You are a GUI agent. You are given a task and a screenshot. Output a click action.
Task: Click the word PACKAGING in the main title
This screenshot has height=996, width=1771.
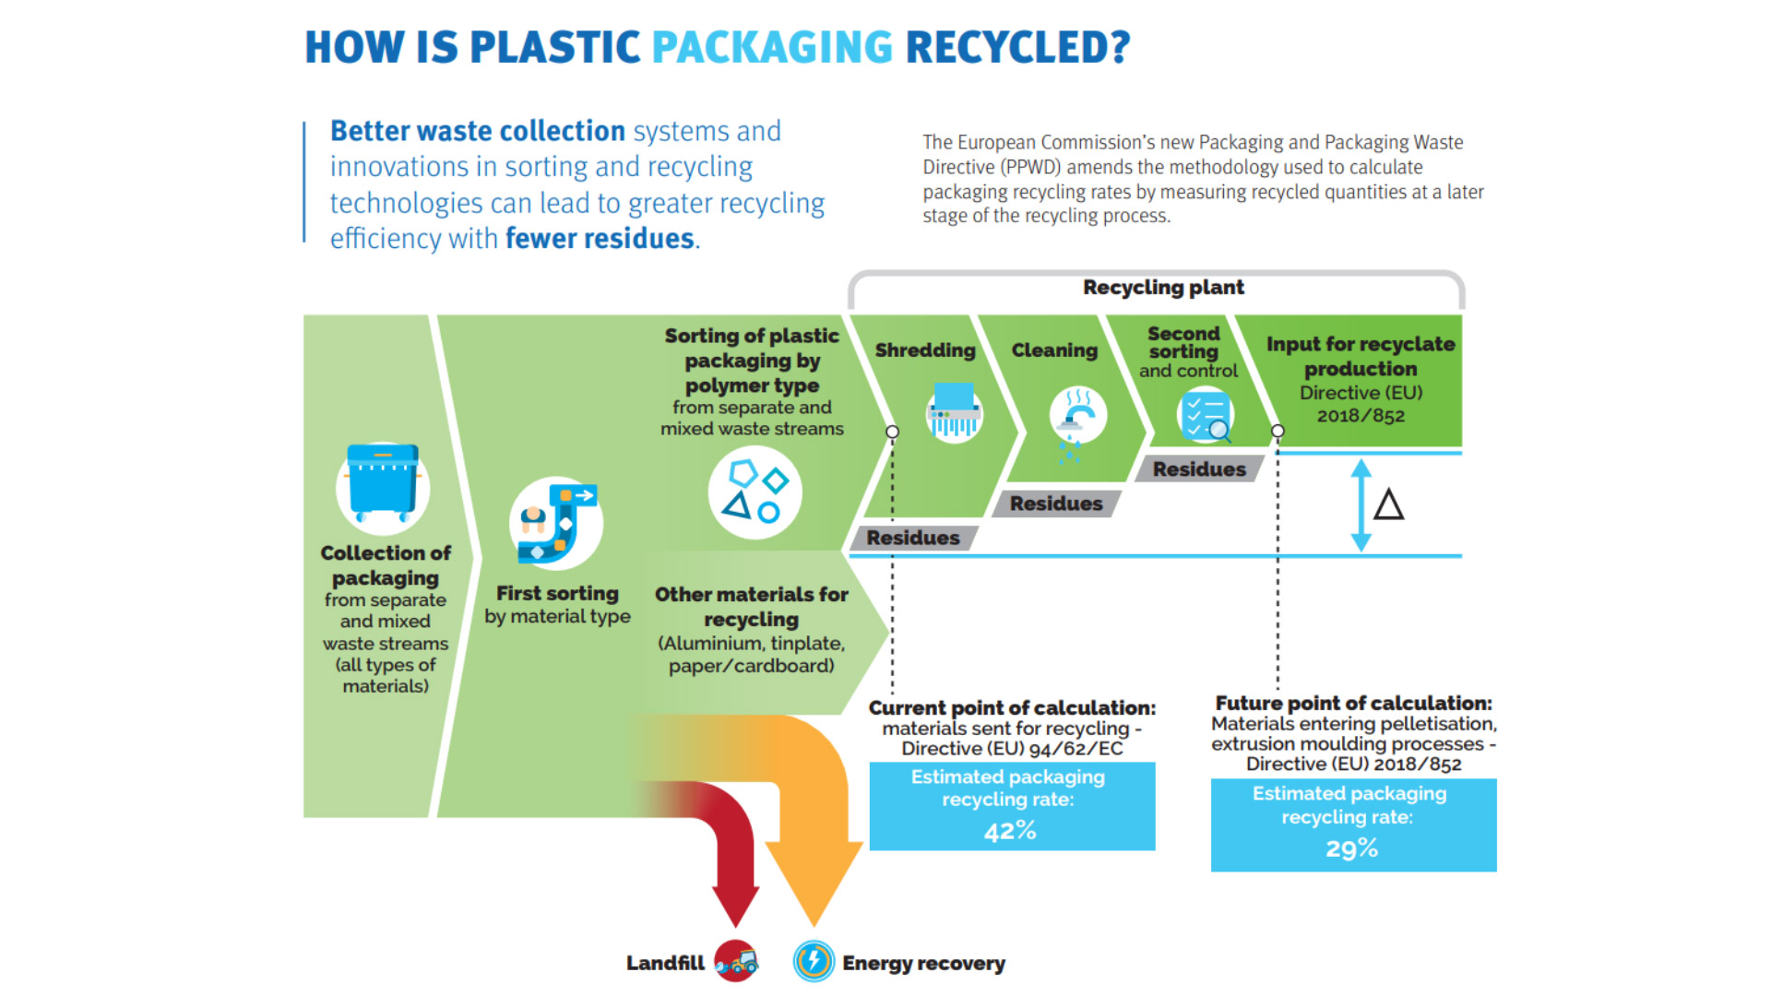772,48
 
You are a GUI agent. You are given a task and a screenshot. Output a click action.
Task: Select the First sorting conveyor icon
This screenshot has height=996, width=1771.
557,523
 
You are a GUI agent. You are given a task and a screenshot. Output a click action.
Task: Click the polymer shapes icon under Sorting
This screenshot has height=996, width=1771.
755,493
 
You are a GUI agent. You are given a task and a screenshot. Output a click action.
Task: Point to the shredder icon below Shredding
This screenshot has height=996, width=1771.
954,411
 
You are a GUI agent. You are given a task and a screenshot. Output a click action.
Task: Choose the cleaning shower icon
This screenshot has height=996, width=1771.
1076,417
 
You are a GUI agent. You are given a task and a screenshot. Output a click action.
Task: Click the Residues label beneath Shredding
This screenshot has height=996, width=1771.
912,538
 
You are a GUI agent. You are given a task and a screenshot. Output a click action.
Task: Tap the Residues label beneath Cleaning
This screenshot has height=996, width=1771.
1055,504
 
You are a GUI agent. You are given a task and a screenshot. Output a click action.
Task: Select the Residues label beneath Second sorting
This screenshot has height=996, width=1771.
1198,469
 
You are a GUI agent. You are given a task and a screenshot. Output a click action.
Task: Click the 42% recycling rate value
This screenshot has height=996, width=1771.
1010,832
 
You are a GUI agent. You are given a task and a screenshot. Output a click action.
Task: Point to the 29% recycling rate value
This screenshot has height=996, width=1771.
1351,848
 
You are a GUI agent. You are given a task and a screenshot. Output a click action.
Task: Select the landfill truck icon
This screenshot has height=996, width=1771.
736,962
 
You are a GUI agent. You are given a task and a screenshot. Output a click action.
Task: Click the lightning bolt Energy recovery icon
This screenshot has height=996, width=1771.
814,962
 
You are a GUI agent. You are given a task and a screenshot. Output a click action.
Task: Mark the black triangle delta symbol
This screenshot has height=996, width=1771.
1388,505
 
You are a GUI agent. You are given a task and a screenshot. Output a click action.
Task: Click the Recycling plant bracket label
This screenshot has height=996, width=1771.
1163,288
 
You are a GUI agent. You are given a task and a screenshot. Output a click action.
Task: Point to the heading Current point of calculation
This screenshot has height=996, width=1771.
1012,708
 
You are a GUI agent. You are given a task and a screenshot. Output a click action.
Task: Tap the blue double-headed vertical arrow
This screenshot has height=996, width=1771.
1361,505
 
